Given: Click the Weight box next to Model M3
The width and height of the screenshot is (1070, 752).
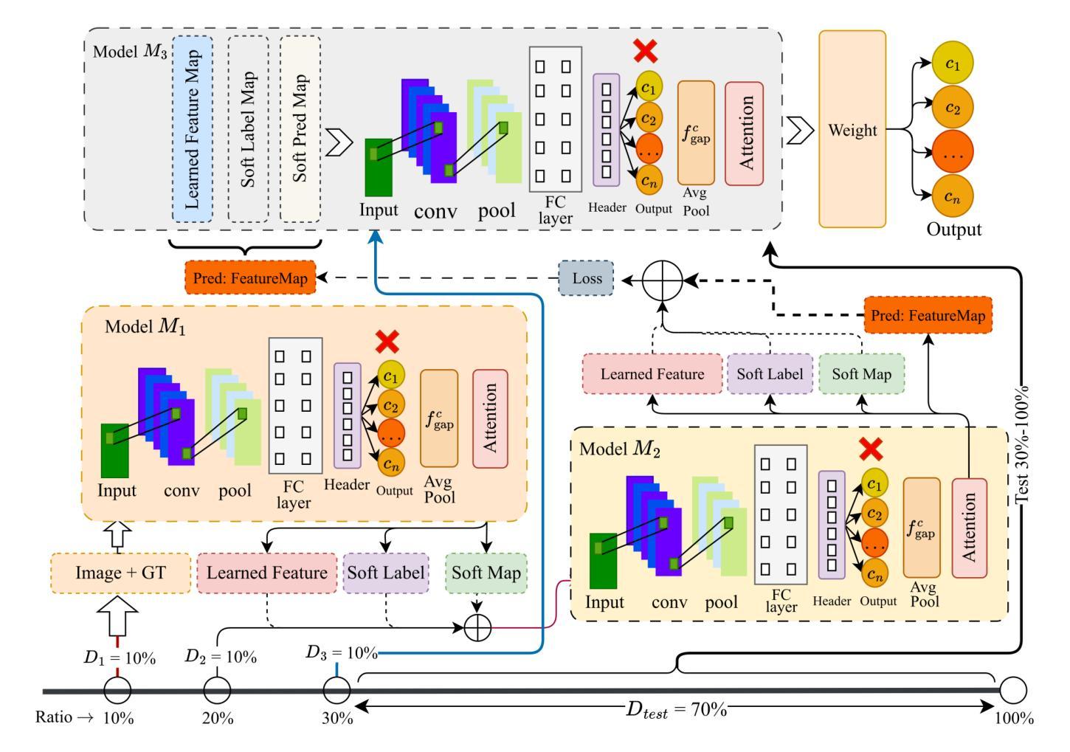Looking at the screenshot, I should [x=852, y=130].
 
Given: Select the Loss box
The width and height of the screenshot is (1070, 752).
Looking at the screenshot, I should [x=587, y=279].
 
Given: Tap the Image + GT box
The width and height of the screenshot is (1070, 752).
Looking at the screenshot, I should [x=120, y=573].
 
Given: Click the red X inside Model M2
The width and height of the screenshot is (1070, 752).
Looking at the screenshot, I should [x=871, y=449].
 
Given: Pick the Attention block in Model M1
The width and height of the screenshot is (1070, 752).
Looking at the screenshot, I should [x=490, y=418].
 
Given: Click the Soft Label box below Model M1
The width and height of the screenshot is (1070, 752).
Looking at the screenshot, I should [x=386, y=573].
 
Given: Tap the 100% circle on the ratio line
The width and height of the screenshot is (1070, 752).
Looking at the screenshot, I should [x=1013, y=691].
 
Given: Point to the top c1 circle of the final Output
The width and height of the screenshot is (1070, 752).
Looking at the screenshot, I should [x=953, y=64].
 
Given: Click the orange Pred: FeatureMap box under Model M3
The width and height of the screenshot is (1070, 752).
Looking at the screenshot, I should [x=250, y=279].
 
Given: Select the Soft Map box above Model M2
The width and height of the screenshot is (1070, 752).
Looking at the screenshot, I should [x=861, y=373].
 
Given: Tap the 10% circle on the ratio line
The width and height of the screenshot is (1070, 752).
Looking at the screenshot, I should [x=118, y=691].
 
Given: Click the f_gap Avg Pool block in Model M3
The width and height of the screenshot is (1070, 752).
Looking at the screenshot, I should [x=696, y=133].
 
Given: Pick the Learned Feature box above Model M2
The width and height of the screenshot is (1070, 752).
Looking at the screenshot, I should [x=652, y=373].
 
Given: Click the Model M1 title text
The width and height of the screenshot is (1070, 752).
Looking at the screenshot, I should [x=145, y=326].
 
